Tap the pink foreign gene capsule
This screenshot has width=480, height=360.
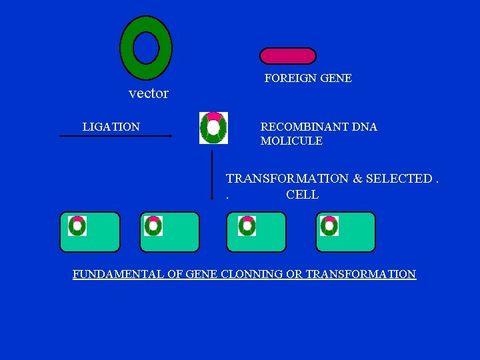(x=287, y=56)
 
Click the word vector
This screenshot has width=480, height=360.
(x=148, y=93)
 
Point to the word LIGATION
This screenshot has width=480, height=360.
(x=111, y=127)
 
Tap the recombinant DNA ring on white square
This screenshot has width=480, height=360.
(x=213, y=128)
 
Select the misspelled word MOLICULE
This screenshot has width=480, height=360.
(x=291, y=141)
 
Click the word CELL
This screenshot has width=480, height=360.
(x=302, y=195)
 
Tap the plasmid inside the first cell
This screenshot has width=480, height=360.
(x=77, y=226)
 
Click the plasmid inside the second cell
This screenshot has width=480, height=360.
(x=153, y=226)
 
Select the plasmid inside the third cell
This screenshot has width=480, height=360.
(x=247, y=226)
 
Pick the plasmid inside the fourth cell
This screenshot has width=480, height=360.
(x=329, y=226)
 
